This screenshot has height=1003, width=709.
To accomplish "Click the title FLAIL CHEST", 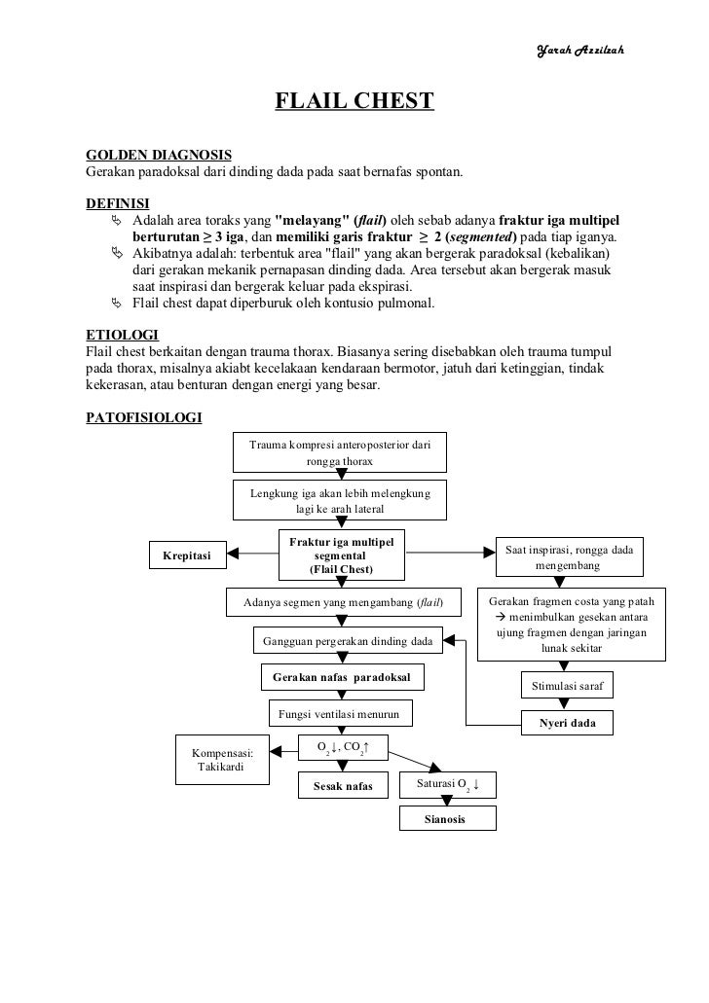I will tap(354, 101).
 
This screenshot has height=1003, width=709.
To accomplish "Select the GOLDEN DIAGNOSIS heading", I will tap(160, 155).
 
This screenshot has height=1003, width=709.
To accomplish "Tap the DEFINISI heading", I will tap(117, 203).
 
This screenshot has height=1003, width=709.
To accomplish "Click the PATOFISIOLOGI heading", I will tap(144, 418).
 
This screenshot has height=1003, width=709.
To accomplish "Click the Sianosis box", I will tap(447, 819).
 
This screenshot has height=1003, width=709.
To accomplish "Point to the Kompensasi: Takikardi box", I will tap(223, 760).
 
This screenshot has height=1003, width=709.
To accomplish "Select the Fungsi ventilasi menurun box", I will tap(339, 714).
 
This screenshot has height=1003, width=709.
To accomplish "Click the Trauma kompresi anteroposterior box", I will tap(339, 452).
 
